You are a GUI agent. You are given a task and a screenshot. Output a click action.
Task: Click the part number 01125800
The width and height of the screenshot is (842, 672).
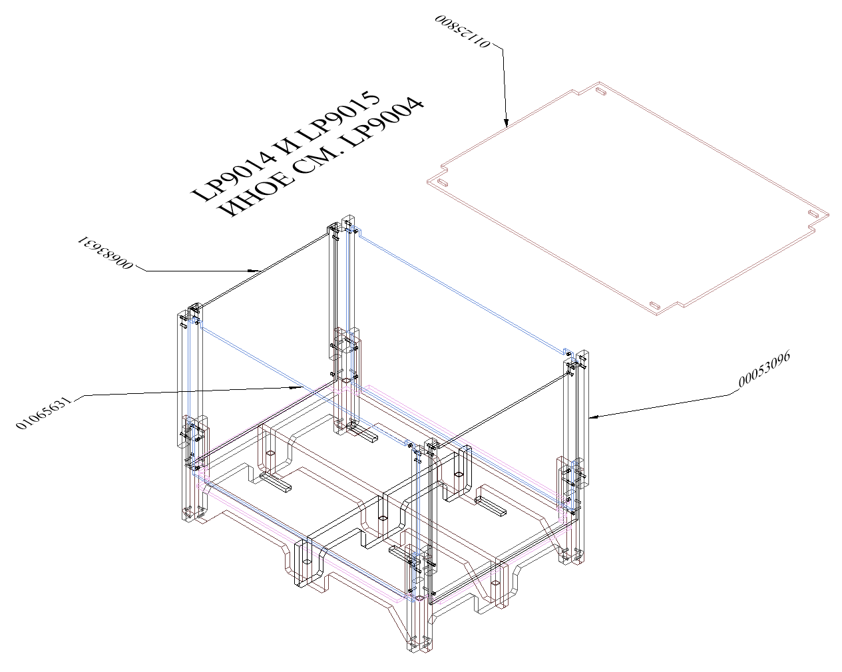point(463,31)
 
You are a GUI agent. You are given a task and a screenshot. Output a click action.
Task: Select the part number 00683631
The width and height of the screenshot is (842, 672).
point(106,253)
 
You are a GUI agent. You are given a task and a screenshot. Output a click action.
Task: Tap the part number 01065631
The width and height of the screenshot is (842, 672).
point(44,413)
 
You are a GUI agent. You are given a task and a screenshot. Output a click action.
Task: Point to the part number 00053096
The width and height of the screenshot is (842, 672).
point(764,369)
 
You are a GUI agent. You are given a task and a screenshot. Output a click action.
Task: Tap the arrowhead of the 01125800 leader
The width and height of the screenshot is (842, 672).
point(507,123)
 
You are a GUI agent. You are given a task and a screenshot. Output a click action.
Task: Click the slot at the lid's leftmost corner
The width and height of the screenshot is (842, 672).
point(443,182)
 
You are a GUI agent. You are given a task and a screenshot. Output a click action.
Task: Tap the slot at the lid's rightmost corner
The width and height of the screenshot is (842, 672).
point(813,214)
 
